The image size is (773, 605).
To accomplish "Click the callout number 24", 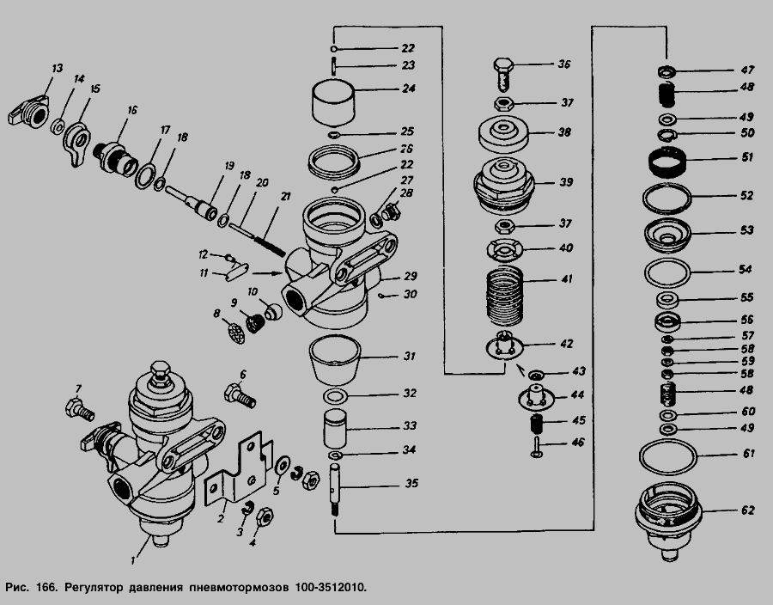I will tap(409, 89).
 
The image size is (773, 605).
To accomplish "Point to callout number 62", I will tap(747, 510).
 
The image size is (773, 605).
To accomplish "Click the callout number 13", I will tap(57, 67).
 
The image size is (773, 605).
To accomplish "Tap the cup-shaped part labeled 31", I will tap(333, 359).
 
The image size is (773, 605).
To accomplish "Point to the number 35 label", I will tap(411, 483).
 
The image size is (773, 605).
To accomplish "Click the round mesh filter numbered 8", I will tap(235, 332).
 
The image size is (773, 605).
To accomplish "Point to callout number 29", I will tap(410, 276).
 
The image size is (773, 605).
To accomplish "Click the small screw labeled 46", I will tap(535, 445).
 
